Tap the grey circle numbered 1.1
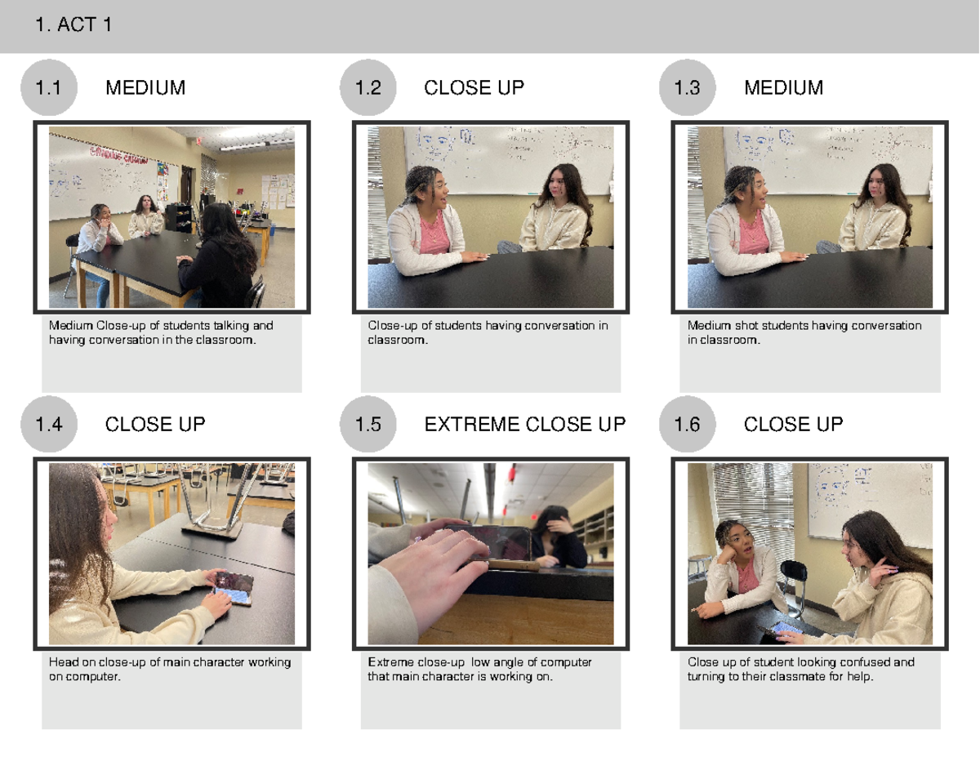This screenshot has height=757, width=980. pos(49,87)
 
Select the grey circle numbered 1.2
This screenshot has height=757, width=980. pos(368,87)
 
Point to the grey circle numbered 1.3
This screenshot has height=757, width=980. pos(688,87)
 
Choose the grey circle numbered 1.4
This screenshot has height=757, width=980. pos(49,424)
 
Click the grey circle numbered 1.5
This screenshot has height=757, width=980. pos(368,424)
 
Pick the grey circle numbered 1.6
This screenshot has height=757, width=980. pos(688,424)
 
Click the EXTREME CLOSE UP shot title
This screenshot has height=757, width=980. pos(525,425)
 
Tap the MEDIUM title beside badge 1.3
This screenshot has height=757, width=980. pos(784,87)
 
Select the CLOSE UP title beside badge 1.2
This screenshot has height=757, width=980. pos(474,87)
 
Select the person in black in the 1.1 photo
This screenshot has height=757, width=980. pos(220,257)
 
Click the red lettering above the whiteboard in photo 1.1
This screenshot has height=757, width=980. pos(118,154)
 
